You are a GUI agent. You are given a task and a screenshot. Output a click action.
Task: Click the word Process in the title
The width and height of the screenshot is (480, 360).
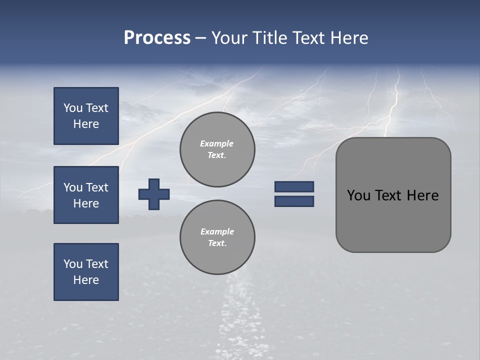pyautogui.click(x=157, y=38)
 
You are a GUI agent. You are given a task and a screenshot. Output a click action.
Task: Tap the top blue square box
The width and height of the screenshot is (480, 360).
pyautogui.click(x=86, y=116)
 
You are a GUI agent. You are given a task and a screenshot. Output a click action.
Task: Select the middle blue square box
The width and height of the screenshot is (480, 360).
pyautogui.click(x=86, y=195)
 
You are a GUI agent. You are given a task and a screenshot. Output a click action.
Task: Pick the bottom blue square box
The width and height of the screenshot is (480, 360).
pyautogui.click(x=86, y=272)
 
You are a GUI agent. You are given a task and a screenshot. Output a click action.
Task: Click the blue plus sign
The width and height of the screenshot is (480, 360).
pyautogui.click(x=154, y=194)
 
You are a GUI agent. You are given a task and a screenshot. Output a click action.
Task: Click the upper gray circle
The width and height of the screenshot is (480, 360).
pyautogui.click(x=217, y=149)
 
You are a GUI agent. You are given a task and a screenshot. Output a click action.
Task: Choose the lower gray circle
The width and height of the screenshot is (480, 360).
pyautogui.click(x=217, y=237)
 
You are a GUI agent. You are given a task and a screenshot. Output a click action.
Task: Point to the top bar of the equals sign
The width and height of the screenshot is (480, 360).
pyautogui.click(x=294, y=186)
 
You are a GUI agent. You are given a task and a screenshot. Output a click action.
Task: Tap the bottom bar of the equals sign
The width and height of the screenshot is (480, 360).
pyautogui.click(x=294, y=201)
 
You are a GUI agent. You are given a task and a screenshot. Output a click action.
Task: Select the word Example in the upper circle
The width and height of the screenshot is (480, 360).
pyautogui.click(x=216, y=143)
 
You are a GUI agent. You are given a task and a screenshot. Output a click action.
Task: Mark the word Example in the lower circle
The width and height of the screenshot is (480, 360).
pyautogui.click(x=217, y=231)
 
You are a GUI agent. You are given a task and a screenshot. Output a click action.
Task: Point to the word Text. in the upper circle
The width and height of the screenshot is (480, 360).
pyautogui.click(x=217, y=155)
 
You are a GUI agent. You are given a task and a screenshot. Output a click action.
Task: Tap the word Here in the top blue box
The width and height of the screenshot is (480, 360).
pyautogui.click(x=86, y=124)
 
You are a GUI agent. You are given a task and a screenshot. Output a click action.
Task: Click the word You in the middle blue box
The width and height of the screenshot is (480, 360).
pyautogui.click(x=72, y=187)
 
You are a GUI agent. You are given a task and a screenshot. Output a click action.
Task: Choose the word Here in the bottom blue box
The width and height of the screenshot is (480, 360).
pyautogui.click(x=86, y=280)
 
